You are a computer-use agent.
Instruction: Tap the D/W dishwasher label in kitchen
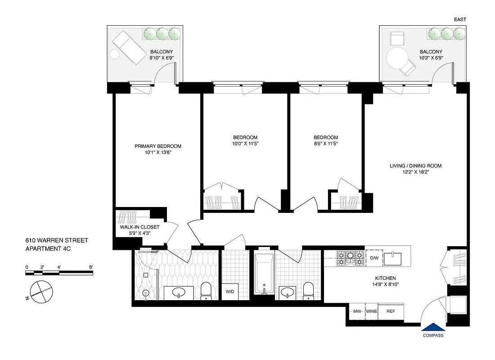(374, 258)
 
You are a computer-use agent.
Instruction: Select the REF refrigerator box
(391, 311)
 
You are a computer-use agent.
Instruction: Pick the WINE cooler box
(371, 311)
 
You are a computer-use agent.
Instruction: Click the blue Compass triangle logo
(433, 327)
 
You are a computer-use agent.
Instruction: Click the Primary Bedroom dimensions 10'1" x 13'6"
(157, 153)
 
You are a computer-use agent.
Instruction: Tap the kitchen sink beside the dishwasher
(396, 258)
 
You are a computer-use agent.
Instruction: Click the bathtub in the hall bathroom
(263, 274)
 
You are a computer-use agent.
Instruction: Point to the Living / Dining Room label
(415, 166)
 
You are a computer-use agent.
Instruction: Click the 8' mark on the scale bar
(91, 267)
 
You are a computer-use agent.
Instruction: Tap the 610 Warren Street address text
(56, 241)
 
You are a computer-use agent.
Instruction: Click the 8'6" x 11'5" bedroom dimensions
(326, 144)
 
